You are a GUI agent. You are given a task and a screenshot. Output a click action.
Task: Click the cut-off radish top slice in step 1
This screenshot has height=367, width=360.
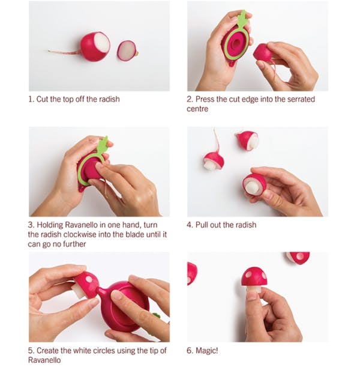click(x=127, y=51)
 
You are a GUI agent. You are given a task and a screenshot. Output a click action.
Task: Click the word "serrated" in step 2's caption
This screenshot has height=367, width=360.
click(x=301, y=99)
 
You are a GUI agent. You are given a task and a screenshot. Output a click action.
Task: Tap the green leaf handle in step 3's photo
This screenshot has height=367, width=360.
click(x=103, y=144)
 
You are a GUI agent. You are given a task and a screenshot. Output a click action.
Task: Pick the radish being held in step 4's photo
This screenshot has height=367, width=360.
click(x=254, y=186)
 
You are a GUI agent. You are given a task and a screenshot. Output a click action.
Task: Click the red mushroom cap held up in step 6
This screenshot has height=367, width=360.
click(x=254, y=277)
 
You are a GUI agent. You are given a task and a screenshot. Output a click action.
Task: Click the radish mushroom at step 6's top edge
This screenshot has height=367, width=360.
click(x=298, y=258)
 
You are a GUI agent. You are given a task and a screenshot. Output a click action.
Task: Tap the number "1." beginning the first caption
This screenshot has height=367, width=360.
click(x=31, y=99)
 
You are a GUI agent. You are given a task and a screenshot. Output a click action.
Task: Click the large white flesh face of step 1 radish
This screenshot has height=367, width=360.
click(x=102, y=44)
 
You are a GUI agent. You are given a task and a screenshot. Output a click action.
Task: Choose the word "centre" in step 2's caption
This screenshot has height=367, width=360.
click(x=197, y=109)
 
